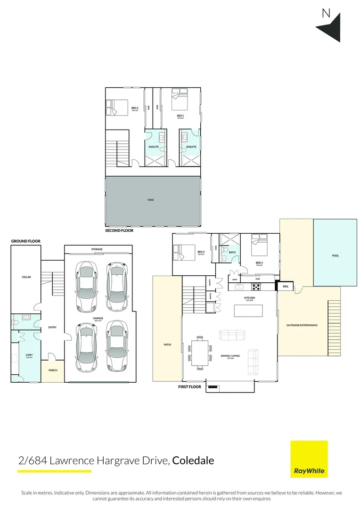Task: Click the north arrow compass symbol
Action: pos(330,27)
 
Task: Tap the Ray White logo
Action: pos(309,459)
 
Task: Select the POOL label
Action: pos(335,256)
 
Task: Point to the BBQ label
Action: pos(286,286)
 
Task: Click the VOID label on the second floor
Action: pos(151,200)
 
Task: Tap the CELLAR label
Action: pos(26,277)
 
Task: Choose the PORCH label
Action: pos(53,370)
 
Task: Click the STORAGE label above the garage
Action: pos(97,249)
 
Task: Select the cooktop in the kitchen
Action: pos(256,286)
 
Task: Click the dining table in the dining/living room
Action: pos(199,353)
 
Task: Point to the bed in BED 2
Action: pos(118,107)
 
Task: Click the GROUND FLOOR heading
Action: pos(26,241)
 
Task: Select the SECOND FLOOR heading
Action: pos(120,231)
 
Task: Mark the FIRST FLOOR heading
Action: pos(189,387)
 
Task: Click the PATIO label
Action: pos(167,345)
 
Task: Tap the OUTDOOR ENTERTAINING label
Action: pos(302,325)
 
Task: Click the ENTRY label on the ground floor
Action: pos(52,328)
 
